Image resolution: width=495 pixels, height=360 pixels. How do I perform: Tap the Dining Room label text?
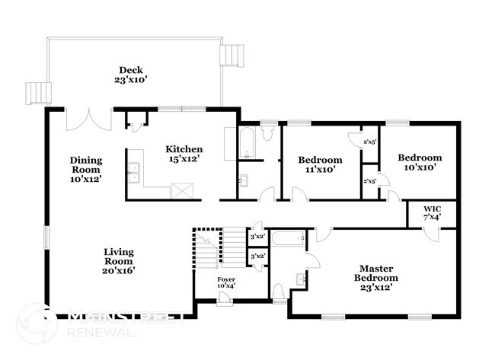(x=85, y=168)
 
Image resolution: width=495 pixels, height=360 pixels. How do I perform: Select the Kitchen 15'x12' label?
(x=184, y=154)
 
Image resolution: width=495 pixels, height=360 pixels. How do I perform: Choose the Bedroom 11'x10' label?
(x=319, y=164)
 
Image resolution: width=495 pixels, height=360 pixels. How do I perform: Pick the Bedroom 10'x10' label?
(x=420, y=163)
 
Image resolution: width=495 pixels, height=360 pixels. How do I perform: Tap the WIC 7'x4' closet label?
(x=432, y=212)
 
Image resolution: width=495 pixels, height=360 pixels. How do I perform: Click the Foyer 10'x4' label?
(x=226, y=282)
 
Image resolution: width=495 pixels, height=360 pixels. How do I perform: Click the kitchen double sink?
(x=134, y=174)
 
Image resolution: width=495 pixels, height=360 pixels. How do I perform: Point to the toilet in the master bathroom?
(x=279, y=292)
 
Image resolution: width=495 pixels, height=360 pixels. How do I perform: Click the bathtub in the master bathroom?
(x=288, y=240)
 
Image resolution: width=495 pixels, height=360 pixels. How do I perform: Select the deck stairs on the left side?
(x=36, y=94)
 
